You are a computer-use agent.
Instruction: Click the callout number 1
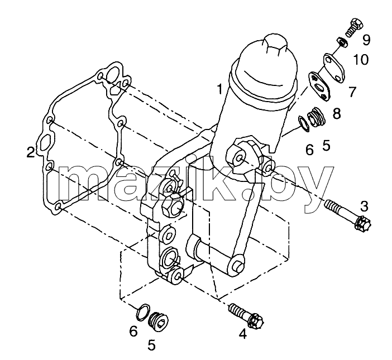[220, 89]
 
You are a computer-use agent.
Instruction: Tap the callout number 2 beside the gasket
[31, 152]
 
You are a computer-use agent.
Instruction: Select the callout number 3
[364, 207]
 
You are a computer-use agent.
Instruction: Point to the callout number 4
[243, 334]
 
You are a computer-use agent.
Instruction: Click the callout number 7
[352, 92]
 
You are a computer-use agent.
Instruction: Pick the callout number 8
[337, 113]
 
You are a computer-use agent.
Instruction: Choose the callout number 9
[366, 40]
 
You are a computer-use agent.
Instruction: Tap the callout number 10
[361, 60]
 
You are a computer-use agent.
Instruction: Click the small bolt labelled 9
[353, 27]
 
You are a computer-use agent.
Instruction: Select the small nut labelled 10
[342, 42]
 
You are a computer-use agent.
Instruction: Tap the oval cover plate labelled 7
[334, 68]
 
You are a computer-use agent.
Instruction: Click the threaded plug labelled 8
[316, 117]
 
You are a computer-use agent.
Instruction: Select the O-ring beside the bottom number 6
[144, 312]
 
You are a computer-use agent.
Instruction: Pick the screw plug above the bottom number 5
[158, 321]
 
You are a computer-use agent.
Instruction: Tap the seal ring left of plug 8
[304, 123]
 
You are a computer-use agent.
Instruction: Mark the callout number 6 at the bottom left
[133, 332]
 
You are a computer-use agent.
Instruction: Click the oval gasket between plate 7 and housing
[320, 87]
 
